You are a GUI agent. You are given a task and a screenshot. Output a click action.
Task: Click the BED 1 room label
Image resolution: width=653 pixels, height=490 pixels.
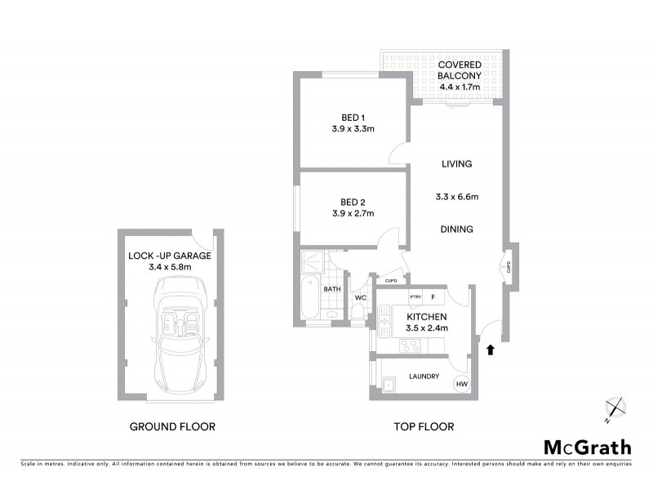[341, 117]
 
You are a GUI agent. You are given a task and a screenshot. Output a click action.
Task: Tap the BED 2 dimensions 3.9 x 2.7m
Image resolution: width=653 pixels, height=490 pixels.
[353, 214]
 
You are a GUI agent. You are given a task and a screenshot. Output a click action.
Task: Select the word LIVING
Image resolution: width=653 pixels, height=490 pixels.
[456, 164]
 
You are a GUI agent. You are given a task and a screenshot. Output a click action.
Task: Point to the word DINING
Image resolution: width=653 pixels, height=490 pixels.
[456, 229]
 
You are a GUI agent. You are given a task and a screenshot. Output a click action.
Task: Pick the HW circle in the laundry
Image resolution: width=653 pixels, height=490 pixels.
[461, 385]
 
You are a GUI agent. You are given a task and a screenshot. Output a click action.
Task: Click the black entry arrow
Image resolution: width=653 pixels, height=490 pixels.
[490, 350]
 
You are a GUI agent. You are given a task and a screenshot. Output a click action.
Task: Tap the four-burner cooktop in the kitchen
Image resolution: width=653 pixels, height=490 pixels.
[410, 345]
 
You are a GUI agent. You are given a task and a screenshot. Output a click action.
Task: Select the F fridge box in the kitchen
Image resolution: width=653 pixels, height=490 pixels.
[433, 297]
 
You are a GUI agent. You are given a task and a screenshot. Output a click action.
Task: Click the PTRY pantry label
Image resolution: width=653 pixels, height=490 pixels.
[415, 297]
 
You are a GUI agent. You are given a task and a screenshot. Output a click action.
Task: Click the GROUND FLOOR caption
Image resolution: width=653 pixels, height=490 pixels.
[172, 426]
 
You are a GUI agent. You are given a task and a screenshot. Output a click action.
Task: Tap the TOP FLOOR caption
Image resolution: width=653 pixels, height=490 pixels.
[423, 426]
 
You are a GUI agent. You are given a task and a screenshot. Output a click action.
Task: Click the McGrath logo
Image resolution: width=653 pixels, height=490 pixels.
[588, 447]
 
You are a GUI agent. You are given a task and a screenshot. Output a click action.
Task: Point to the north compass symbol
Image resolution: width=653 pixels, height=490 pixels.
[615, 408]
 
